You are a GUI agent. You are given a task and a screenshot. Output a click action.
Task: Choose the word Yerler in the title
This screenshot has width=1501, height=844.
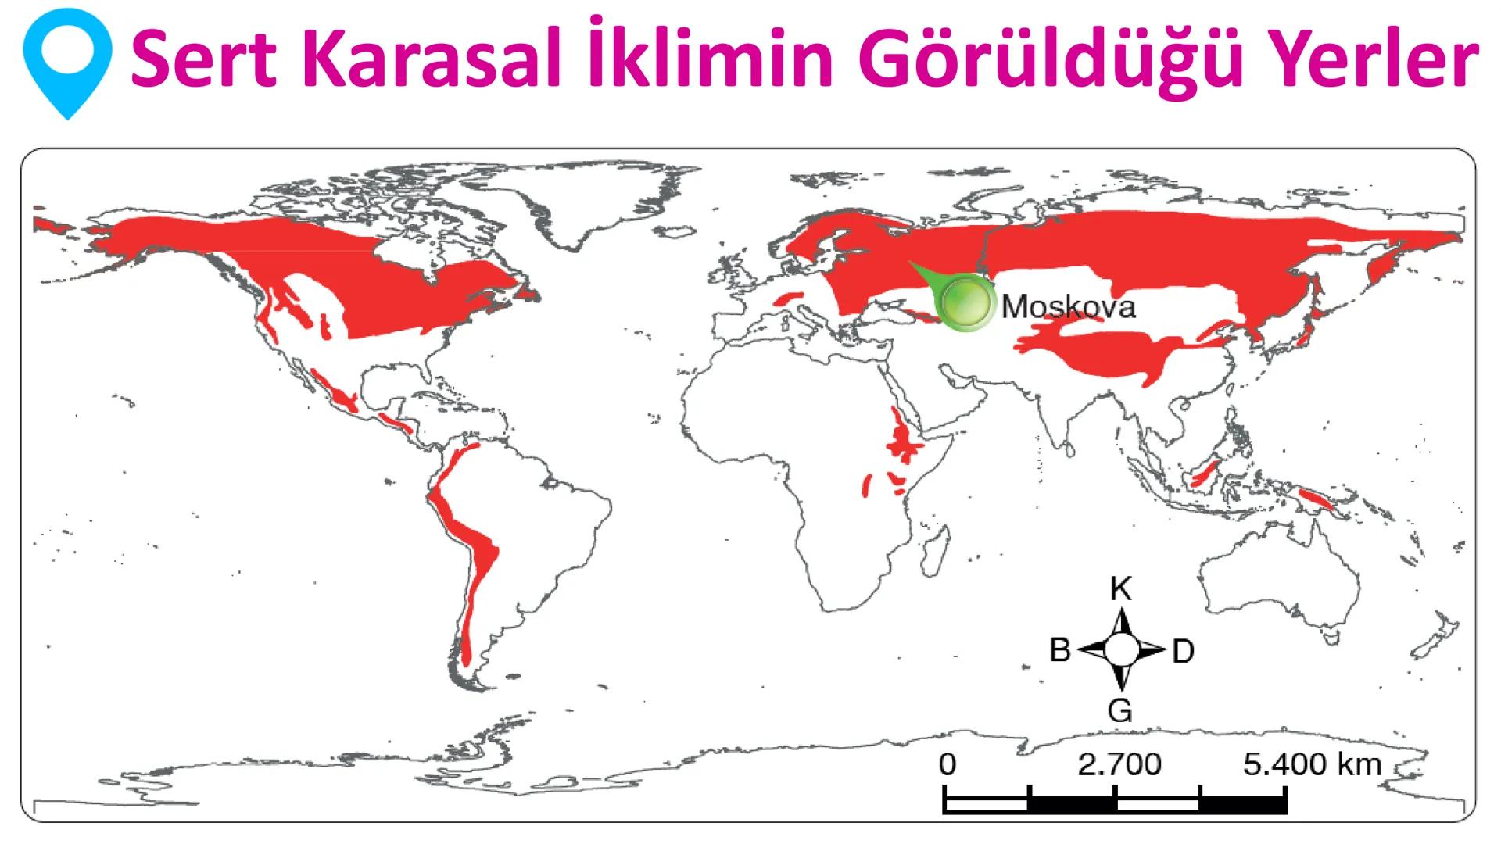(1382, 61)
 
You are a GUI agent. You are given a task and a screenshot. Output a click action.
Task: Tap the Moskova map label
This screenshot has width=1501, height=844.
(1068, 306)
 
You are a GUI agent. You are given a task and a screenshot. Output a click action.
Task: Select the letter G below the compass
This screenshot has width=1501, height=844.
(1120, 710)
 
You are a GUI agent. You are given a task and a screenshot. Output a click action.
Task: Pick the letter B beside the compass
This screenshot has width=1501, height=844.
(1059, 649)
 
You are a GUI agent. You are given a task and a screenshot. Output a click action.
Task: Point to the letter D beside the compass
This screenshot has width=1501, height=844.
(1183, 651)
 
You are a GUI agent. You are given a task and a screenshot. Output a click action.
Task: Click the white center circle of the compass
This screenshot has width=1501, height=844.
(1121, 649)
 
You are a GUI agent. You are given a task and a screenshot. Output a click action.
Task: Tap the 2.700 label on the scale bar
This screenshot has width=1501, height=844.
(1119, 764)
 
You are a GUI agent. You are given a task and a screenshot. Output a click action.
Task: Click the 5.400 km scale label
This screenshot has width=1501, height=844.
(1312, 764)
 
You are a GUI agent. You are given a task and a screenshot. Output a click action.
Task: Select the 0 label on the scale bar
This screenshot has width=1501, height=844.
(947, 764)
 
